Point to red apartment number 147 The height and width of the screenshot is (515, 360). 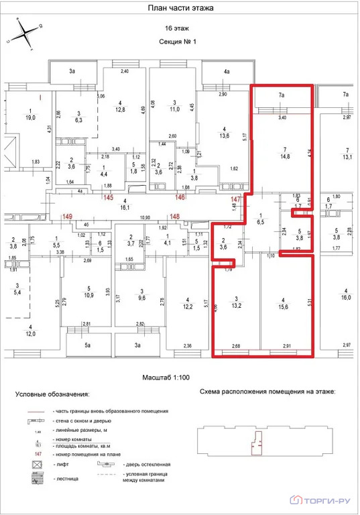[235, 200]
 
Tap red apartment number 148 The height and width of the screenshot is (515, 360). [175, 216]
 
